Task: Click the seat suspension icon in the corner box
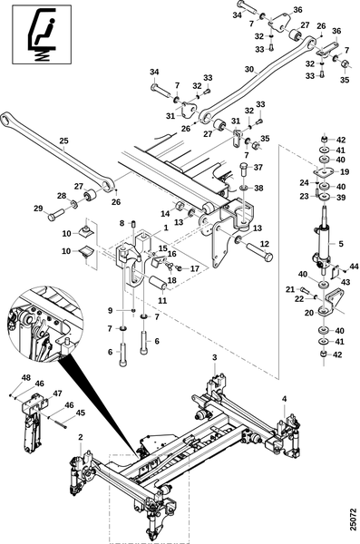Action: tap(42, 34)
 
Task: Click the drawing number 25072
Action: tap(353, 520)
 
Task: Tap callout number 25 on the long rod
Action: tap(63, 141)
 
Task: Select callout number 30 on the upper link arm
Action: tap(249, 70)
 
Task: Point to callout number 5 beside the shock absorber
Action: tap(341, 244)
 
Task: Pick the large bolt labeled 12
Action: tap(259, 252)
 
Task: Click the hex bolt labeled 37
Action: tap(244, 170)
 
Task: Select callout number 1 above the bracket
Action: tap(166, 228)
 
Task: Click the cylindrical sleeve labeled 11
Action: tap(158, 282)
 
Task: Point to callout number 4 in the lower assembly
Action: tap(285, 399)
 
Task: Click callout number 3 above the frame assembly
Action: tap(215, 357)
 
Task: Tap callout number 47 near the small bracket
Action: tap(57, 393)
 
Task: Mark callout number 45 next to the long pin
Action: tap(80, 413)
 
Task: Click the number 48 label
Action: tap(26, 378)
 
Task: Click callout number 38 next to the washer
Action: tap(258, 188)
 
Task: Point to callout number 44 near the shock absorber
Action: tap(354, 267)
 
